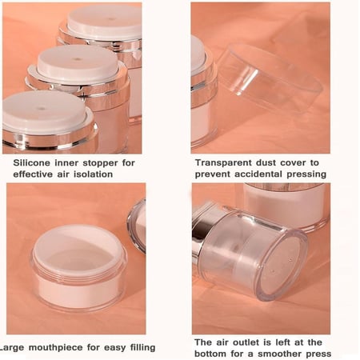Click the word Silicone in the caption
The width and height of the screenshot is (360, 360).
click(x=31, y=162)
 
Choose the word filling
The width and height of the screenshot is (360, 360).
click(x=142, y=348)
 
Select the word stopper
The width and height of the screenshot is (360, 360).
click(x=100, y=163)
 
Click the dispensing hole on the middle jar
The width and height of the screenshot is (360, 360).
click(x=78, y=59)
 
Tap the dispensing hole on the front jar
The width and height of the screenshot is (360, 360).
click(x=42, y=108)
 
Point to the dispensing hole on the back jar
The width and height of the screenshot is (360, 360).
click(x=112, y=19)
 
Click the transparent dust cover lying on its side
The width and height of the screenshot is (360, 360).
click(x=270, y=78)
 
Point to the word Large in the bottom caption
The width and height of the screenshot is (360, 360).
click(x=12, y=348)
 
